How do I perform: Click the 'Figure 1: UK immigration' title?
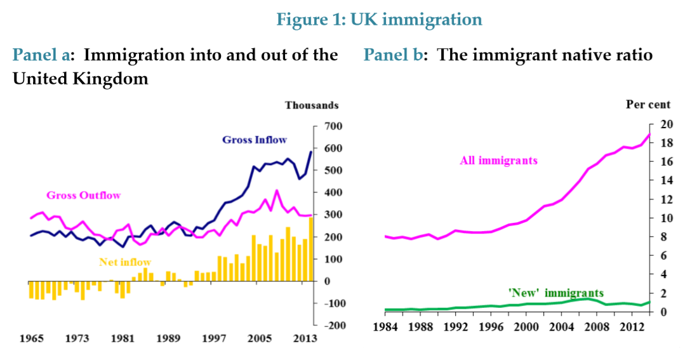[x=379, y=20]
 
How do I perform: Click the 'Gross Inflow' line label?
[x=254, y=140]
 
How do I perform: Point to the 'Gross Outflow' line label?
[x=84, y=195]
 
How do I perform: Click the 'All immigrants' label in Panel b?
[x=498, y=161]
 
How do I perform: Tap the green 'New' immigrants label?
[x=556, y=293]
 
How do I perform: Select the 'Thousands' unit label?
[x=311, y=105]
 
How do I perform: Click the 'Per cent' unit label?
[x=647, y=105]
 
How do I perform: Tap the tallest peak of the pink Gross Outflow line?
[x=276, y=190]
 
